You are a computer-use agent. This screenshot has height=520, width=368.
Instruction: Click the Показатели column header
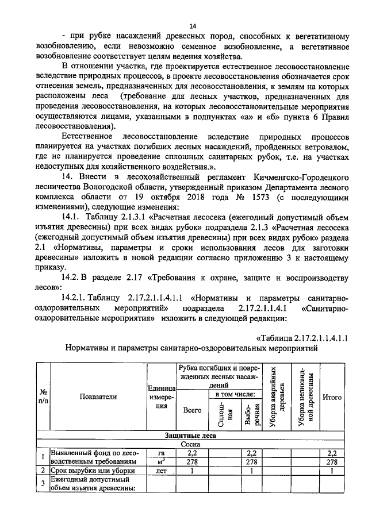tap(98, 396)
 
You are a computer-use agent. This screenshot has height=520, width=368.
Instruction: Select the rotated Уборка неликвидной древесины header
tap(306, 396)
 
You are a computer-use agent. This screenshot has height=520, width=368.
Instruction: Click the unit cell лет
tap(160, 471)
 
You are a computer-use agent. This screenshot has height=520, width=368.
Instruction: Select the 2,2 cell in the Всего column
tap(191, 453)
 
